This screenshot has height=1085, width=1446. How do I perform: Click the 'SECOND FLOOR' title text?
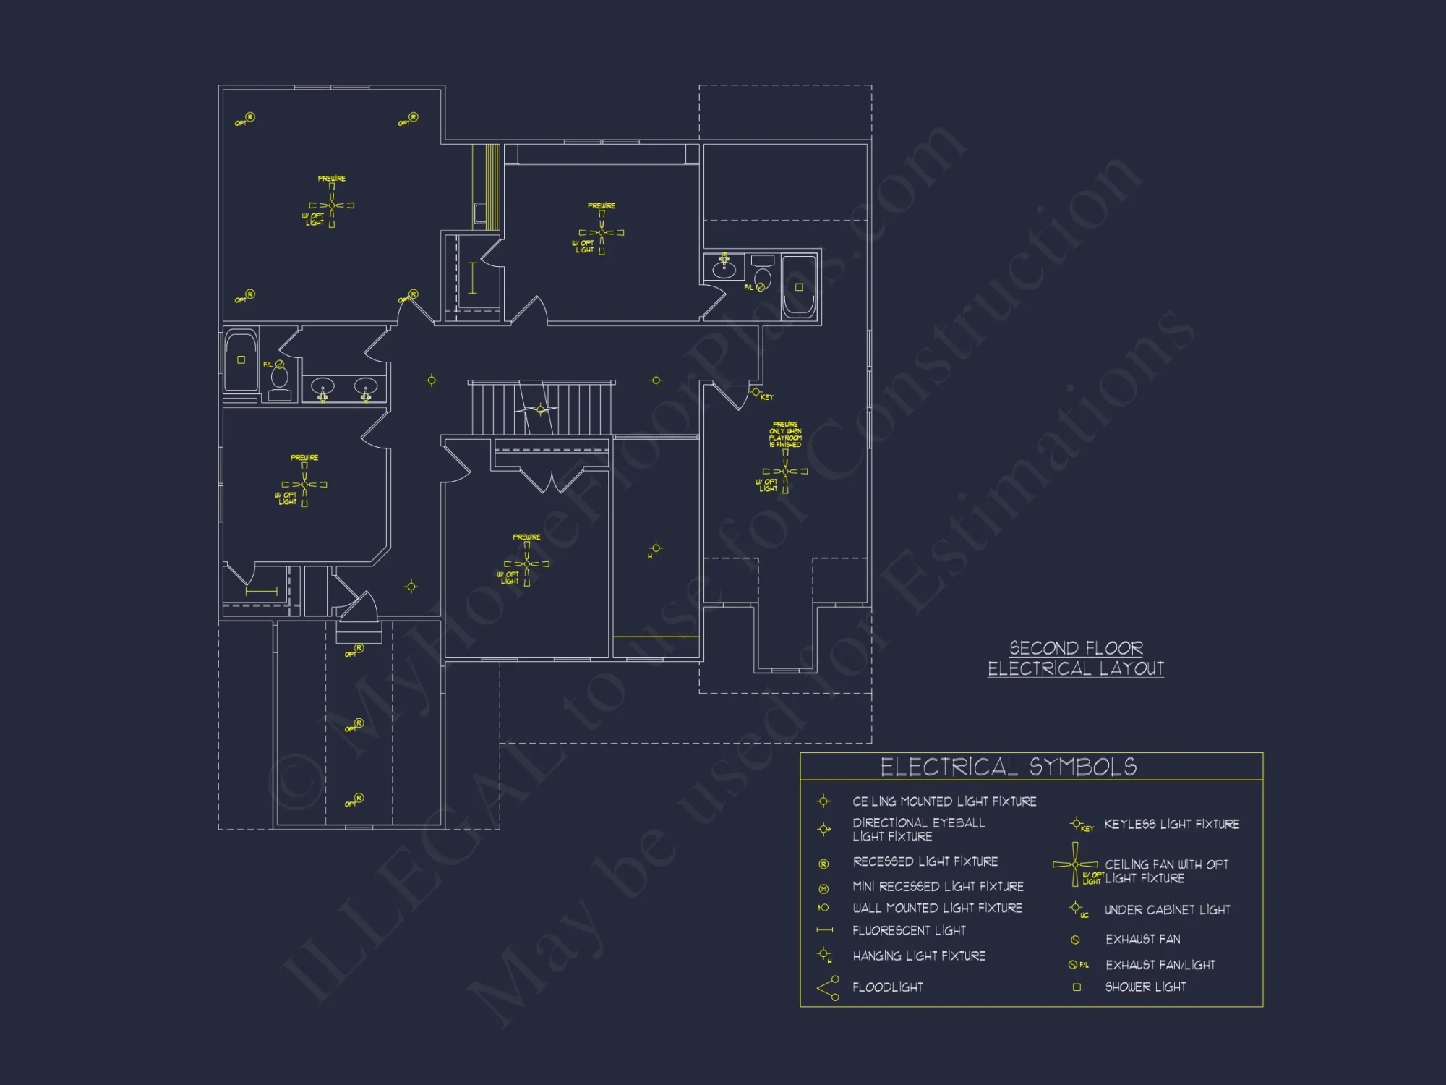click(x=1076, y=647)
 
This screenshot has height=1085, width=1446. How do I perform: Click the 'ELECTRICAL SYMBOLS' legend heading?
click(x=1008, y=767)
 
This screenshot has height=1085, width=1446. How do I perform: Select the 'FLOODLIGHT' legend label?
click(x=887, y=987)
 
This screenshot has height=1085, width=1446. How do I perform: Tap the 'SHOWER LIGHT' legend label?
click(x=1145, y=987)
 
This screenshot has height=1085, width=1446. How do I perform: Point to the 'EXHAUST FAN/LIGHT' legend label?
click(x=1160, y=965)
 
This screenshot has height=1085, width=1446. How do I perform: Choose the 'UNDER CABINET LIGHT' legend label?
click(x=1167, y=910)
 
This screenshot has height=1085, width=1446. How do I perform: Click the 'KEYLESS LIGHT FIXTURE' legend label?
click(x=1171, y=824)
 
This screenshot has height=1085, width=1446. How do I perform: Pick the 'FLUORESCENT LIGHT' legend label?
click(x=909, y=931)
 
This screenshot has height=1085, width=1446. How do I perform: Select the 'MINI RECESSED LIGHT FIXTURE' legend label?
click(x=938, y=887)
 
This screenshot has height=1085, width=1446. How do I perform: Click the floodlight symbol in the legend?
click(x=828, y=988)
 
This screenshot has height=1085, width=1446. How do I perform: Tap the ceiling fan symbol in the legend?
click(x=1075, y=864)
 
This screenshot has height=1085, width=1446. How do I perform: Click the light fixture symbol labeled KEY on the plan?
click(x=756, y=393)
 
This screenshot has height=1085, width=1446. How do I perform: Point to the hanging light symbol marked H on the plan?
click(x=656, y=548)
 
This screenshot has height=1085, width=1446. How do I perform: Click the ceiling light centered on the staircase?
click(x=541, y=410)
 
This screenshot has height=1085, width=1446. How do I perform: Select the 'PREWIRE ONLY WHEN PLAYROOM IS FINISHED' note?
click(x=785, y=435)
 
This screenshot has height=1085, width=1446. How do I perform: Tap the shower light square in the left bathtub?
click(x=241, y=359)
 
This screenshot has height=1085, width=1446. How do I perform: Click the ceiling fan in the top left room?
click(x=332, y=205)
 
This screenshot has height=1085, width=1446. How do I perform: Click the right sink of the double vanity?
click(x=366, y=389)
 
